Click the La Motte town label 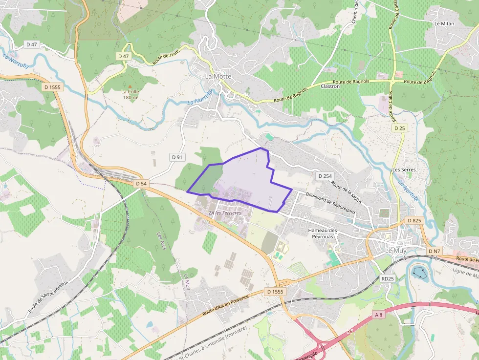(218, 77)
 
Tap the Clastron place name (330, 86)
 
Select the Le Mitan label (444, 23)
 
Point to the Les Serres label (404, 170)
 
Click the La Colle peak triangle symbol (130, 86)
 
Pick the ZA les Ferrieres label (225, 213)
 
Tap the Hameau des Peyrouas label (323, 233)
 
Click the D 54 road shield (141, 183)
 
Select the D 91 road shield (177, 157)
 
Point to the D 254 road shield (325, 176)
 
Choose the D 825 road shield (414, 221)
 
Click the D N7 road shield (434, 251)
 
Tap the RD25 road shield (387, 278)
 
